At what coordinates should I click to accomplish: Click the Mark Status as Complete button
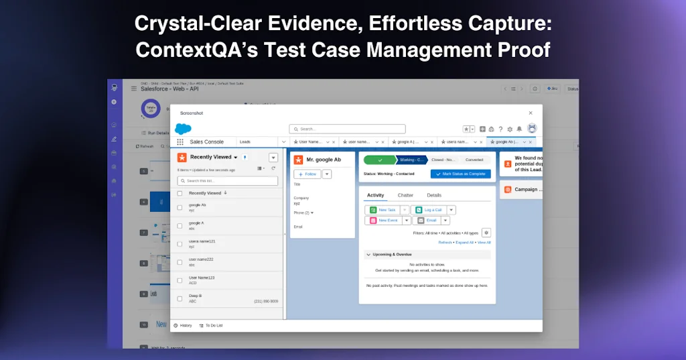click(x=461, y=174)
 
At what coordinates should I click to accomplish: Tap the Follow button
click(x=307, y=174)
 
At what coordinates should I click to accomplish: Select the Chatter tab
click(x=405, y=195)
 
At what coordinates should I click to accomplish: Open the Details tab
click(x=434, y=195)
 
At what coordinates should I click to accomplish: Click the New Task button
click(x=384, y=210)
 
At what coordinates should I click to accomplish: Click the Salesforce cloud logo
click(x=183, y=129)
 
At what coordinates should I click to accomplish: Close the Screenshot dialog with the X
click(x=531, y=113)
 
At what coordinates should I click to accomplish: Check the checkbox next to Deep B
click(x=180, y=299)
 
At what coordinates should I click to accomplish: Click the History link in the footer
click(x=183, y=325)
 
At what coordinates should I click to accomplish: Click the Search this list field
click(x=228, y=181)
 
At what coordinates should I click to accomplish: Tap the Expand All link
click(x=464, y=242)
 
